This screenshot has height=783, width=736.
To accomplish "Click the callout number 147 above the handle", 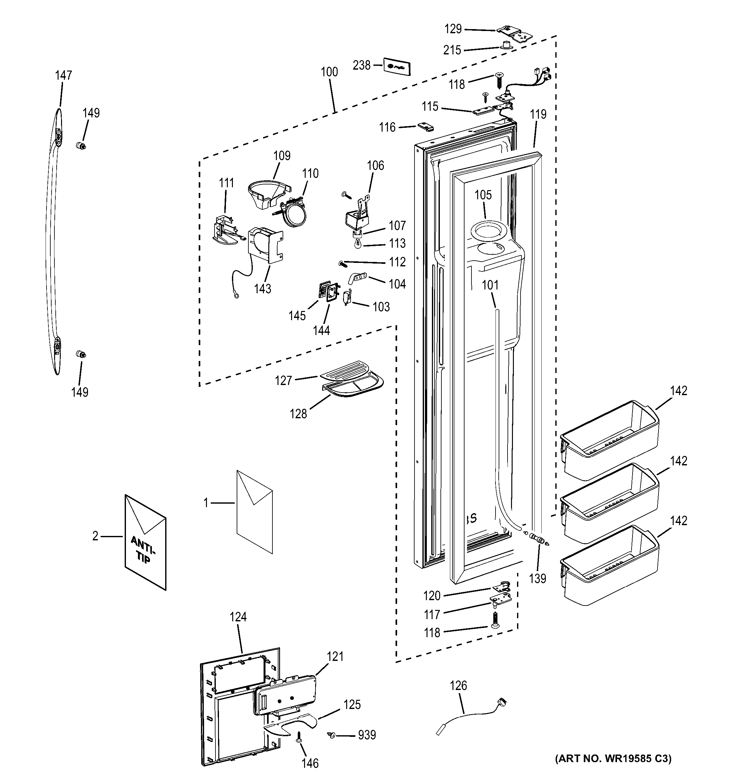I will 63,75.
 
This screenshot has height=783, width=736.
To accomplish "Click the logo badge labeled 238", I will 397,67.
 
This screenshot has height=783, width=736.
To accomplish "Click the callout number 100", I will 329,72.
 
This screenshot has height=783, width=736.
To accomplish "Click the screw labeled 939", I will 332,735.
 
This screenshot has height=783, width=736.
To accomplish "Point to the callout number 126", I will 458,686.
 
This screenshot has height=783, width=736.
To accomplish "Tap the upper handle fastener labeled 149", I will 81,146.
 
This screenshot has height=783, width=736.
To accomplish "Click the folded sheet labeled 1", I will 254,511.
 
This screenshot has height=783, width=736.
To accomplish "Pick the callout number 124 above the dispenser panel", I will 238,617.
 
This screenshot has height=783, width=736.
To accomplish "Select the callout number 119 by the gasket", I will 538,114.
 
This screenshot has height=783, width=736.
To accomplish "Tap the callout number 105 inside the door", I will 483,195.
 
